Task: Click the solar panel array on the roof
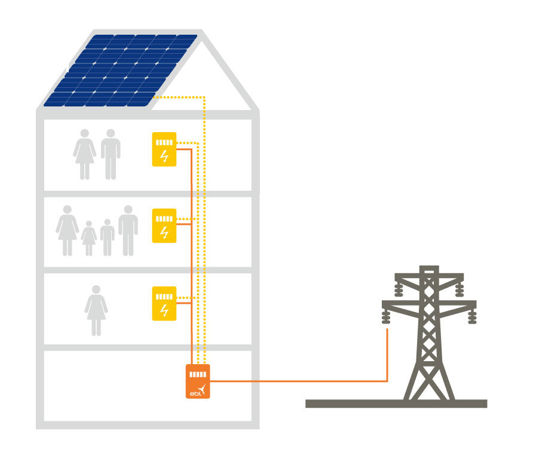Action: [121, 71]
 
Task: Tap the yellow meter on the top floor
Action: [164, 149]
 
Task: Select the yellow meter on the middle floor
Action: [164, 225]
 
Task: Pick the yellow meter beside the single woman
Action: [164, 303]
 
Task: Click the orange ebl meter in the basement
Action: [198, 381]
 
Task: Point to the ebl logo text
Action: [195, 393]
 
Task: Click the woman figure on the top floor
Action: [85, 154]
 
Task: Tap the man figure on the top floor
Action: [111, 154]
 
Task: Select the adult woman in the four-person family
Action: [68, 231]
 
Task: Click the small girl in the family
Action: [88, 239]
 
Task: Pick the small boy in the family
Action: [108, 238]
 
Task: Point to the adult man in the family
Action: [128, 231]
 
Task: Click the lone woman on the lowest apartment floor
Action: [96, 310]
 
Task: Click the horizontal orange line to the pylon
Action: [299, 381]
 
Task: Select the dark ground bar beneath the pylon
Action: [396, 404]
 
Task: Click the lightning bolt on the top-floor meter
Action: [164, 156]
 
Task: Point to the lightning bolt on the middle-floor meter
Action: [164, 233]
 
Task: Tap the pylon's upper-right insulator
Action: [460, 289]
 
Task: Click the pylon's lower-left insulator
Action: [386, 316]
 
